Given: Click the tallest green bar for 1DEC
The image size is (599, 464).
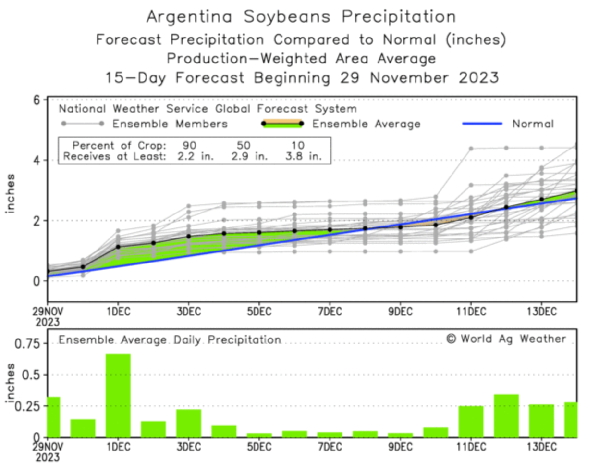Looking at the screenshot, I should [x=118, y=395].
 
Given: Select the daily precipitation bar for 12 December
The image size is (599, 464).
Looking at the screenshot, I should [x=506, y=415].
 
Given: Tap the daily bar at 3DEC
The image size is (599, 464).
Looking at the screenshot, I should [x=189, y=423].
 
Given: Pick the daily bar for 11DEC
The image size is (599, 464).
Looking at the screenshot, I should [x=471, y=421].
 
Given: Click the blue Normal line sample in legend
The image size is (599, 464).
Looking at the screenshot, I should [x=482, y=124].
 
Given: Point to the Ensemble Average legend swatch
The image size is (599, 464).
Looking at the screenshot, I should [x=282, y=124].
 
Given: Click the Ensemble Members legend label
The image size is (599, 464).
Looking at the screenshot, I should [x=170, y=124].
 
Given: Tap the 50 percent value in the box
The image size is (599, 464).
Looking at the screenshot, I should [x=243, y=145].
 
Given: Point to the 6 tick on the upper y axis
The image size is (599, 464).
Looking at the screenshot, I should [x=37, y=100].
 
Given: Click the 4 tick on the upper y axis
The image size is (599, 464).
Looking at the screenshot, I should [x=37, y=160].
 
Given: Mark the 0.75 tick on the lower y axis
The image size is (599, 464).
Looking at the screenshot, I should [x=27, y=344].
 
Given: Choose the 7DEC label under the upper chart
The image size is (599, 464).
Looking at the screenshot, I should [x=330, y=312].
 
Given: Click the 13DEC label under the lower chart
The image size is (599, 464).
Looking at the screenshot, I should [x=541, y=447].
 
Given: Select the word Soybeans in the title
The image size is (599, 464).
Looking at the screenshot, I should [x=287, y=17].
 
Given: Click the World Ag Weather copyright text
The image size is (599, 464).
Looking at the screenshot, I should [x=506, y=339].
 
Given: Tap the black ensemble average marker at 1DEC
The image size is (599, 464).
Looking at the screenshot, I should [x=118, y=247].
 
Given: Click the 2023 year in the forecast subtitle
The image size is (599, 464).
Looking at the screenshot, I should [x=478, y=77].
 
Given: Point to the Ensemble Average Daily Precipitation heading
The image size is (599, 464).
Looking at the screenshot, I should [x=170, y=340].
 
